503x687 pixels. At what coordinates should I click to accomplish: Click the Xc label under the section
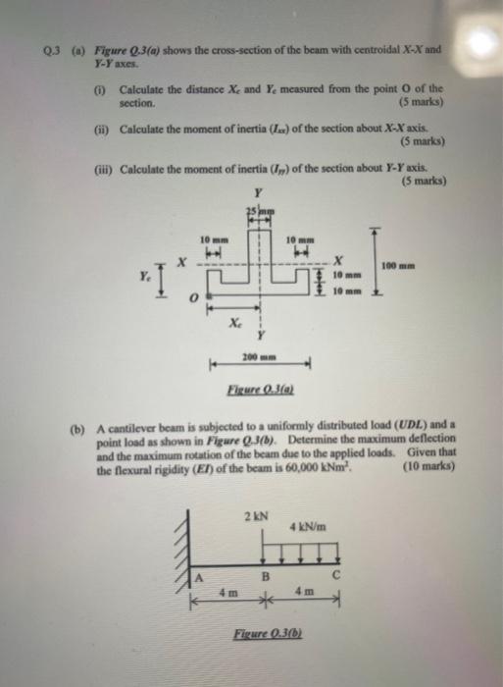click(231, 322)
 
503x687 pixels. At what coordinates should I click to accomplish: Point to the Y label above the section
click(257, 193)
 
